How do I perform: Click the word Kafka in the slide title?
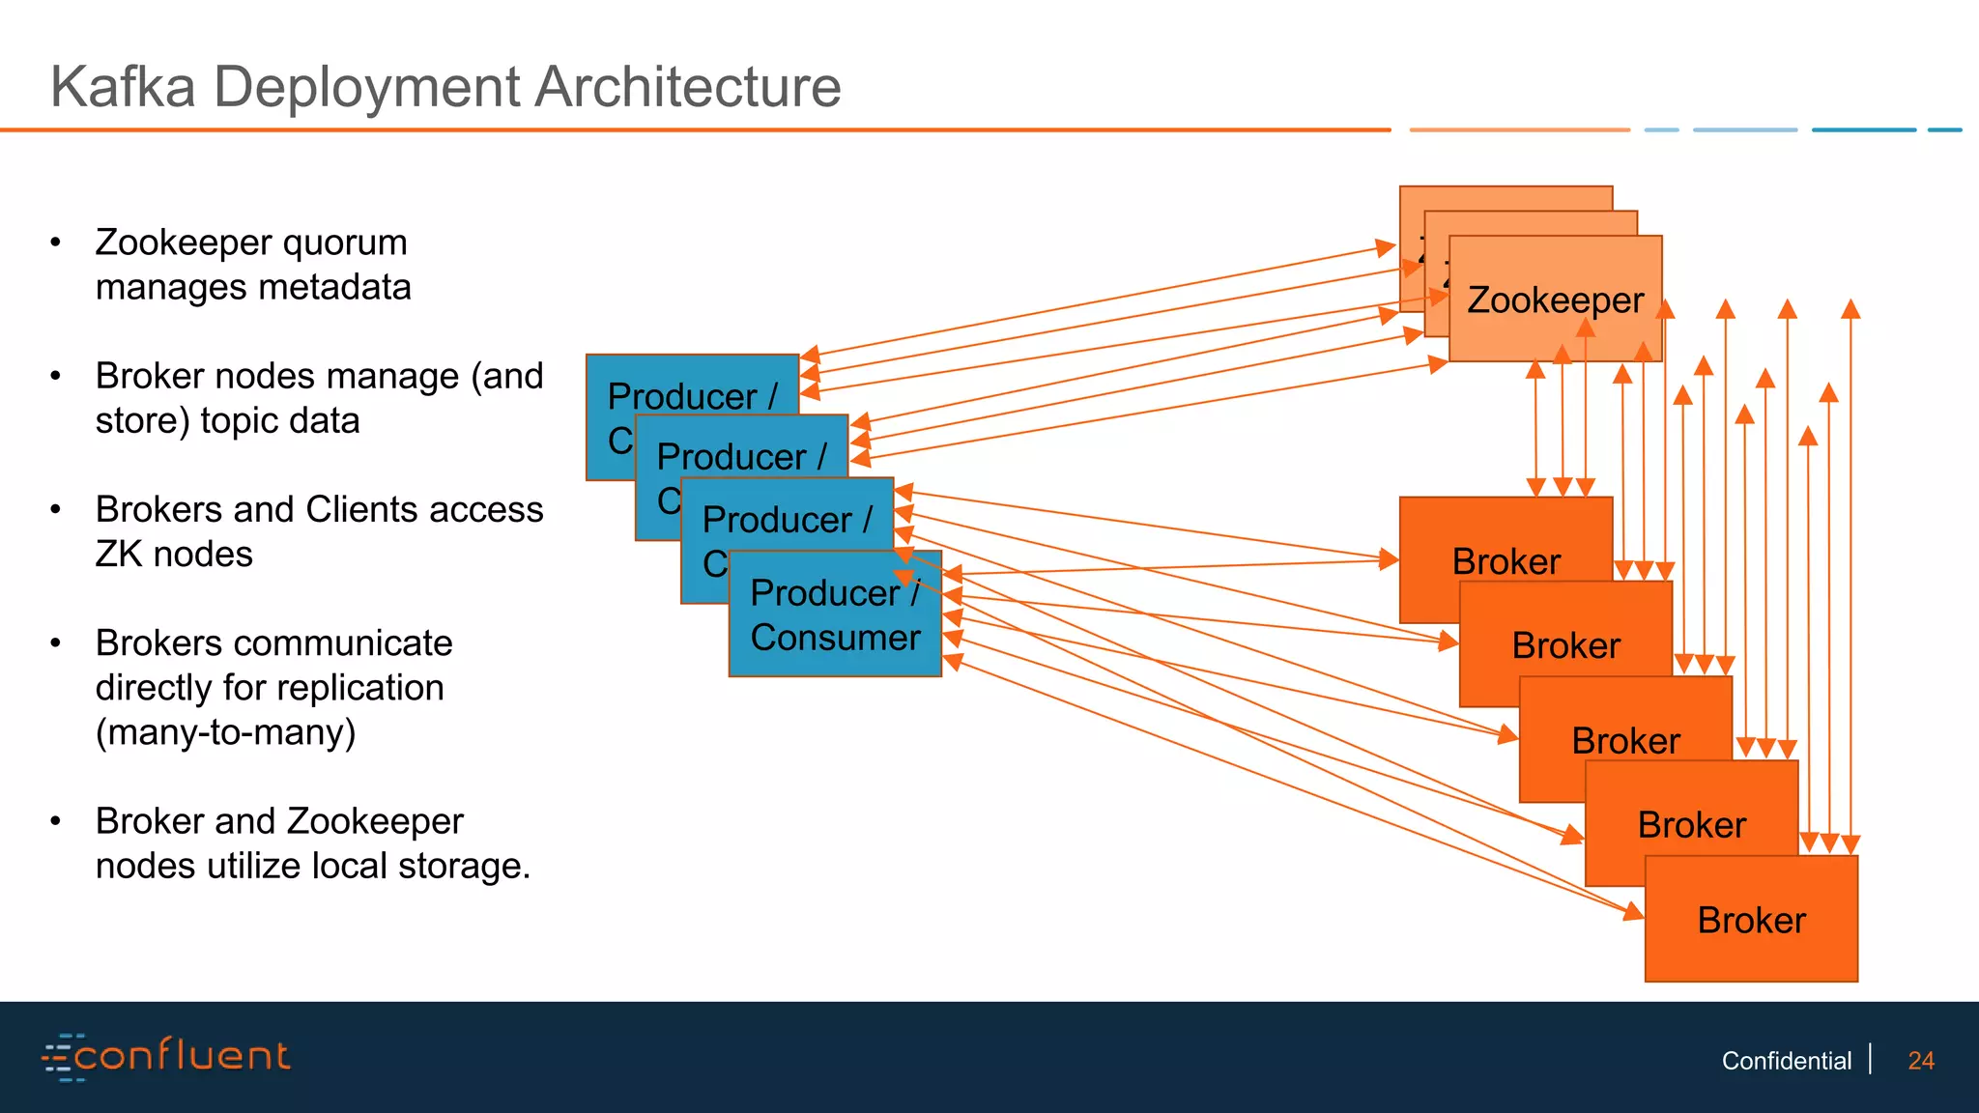[123, 87]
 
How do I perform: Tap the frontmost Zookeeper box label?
[1555, 300]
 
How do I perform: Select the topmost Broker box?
[1506, 561]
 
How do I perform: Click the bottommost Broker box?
[1751, 920]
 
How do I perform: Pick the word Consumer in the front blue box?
[835, 638]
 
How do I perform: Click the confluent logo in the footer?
[166, 1056]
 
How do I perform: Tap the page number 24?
[1920, 1061]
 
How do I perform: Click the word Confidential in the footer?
[1786, 1061]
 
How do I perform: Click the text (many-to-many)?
[225, 732]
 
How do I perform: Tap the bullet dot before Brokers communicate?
[56, 643]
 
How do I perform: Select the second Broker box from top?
[1565, 645]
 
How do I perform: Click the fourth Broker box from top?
[1691, 825]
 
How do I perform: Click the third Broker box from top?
[1625, 741]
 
